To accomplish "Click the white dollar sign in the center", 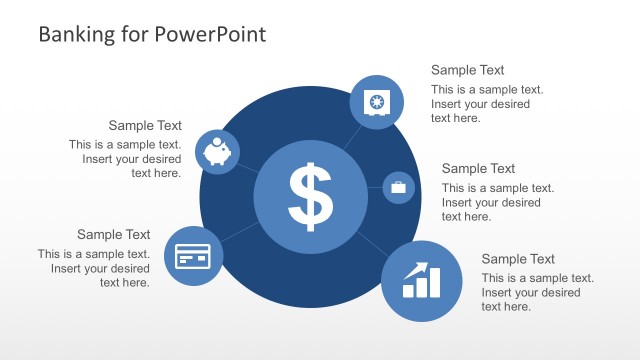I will [x=310, y=195].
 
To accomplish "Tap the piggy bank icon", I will [x=217, y=152].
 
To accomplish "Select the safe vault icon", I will [x=376, y=102].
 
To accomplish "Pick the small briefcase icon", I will [x=398, y=187].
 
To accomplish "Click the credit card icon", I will [x=192, y=256].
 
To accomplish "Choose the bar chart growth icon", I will [x=421, y=281].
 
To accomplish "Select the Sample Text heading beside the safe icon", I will [x=467, y=70].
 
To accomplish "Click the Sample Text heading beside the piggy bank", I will [x=145, y=126].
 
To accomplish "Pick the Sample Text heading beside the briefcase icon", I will [x=478, y=169].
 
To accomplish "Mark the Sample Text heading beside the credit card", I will [x=113, y=235].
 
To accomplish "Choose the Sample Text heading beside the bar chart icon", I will [x=518, y=259].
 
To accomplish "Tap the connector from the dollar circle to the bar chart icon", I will [x=371, y=243].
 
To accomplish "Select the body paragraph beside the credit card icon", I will [x=94, y=268].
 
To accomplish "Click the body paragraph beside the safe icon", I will [x=480, y=104].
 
